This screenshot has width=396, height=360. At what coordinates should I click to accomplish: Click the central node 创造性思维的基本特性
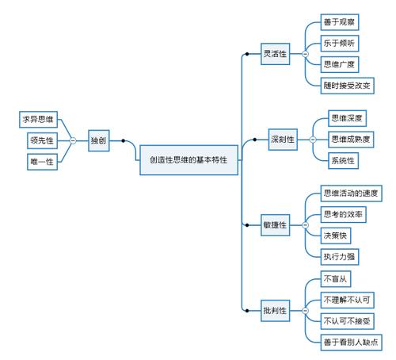point(188,159)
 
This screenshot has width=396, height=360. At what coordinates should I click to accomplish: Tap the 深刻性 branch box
point(281,140)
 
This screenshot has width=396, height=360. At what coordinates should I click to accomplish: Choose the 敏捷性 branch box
point(276,225)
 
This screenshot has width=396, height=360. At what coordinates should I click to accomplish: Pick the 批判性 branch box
point(276,310)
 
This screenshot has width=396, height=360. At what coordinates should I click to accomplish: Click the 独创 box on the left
point(98,140)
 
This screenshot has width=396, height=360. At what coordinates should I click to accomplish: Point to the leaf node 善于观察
point(338,22)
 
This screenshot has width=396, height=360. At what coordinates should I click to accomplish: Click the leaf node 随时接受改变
point(347,85)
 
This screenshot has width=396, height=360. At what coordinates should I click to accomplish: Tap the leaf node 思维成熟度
point(351,140)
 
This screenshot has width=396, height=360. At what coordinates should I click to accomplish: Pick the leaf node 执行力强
point(338,256)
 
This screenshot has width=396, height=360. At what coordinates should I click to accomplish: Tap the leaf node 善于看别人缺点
point(351,342)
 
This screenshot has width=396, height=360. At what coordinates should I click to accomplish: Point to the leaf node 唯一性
point(42,161)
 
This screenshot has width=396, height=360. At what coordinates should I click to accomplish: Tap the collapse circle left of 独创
point(73,140)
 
